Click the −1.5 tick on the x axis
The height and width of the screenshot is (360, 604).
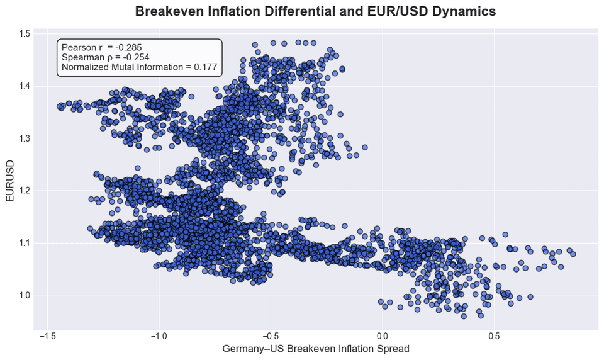tap(47, 335)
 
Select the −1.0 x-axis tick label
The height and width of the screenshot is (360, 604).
tap(158, 335)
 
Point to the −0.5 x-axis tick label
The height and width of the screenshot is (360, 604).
tap(270, 335)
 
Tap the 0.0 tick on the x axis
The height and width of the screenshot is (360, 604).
tap(382, 335)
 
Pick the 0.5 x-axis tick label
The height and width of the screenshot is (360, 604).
tap(494, 335)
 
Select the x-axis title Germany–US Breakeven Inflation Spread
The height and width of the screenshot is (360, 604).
tap(316, 348)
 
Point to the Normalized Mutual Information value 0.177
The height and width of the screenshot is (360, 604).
tap(204, 67)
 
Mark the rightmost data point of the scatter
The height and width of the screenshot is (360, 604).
tap(573, 254)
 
